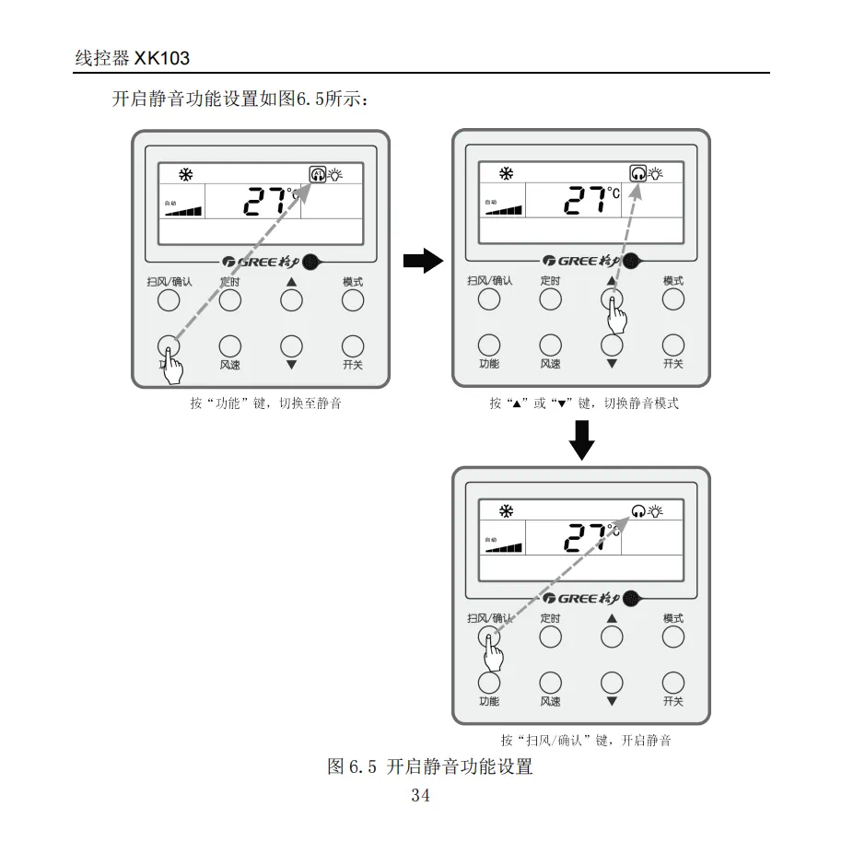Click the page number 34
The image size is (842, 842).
(x=420, y=796)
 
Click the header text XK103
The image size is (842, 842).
(x=162, y=59)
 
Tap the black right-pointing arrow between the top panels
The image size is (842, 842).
(x=423, y=262)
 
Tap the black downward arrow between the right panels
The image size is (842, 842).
(x=581, y=439)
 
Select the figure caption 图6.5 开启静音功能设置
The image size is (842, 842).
(x=430, y=766)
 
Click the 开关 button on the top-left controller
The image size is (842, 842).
(x=353, y=345)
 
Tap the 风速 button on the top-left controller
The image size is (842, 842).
(x=230, y=345)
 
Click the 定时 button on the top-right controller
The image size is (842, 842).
(x=550, y=299)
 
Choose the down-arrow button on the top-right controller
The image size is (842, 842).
(x=612, y=345)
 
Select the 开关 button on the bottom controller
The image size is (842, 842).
(x=673, y=683)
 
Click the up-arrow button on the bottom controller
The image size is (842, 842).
(x=612, y=637)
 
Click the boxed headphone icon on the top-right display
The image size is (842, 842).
(x=637, y=173)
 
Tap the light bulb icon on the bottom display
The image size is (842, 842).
(x=656, y=510)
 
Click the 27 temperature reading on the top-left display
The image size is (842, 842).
(x=265, y=199)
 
